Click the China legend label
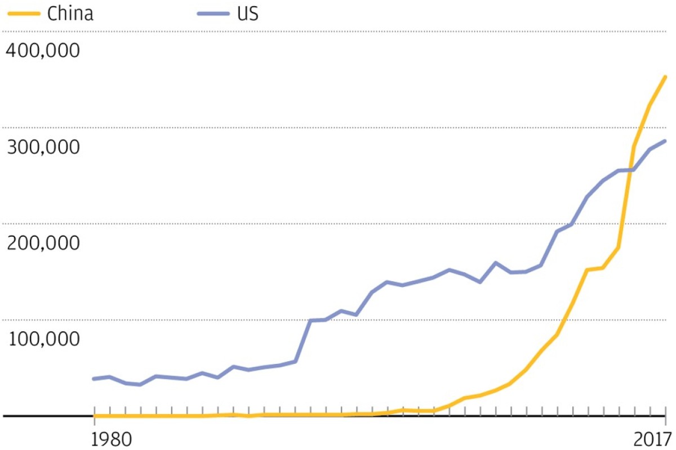click(x=70, y=14)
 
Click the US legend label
click(x=246, y=14)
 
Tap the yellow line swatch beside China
click(x=22, y=14)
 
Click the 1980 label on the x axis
click(x=112, y=438)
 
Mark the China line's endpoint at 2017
click(x=665, y=76)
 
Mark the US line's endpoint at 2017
click(x=665, y=141)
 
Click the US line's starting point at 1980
click(x=94, y=379)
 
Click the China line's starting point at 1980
click(x=94, y=416)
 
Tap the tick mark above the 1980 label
click(x=94, y=411)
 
